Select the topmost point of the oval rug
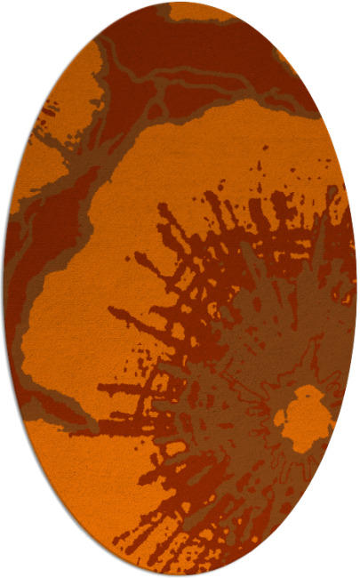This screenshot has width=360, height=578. [x=180, y=2]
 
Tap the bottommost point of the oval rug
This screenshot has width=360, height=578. [x=180, y=575]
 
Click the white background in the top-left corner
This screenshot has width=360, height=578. [x=18, y=18]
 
